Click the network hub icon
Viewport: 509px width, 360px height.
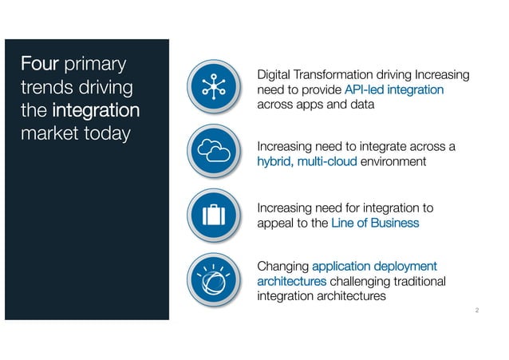pos(215,87)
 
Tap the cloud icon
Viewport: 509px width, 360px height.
pos(215,152)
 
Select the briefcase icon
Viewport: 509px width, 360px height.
pos(215,214)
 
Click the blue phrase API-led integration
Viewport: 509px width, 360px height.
pos(395,90)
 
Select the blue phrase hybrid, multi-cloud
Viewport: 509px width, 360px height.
pos(307,161)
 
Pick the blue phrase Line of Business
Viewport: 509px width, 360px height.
pos(375,224)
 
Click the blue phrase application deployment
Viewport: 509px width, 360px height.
pos(375,266)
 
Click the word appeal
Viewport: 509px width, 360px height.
pos(276,224)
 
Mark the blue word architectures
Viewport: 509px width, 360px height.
pos(291,281)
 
